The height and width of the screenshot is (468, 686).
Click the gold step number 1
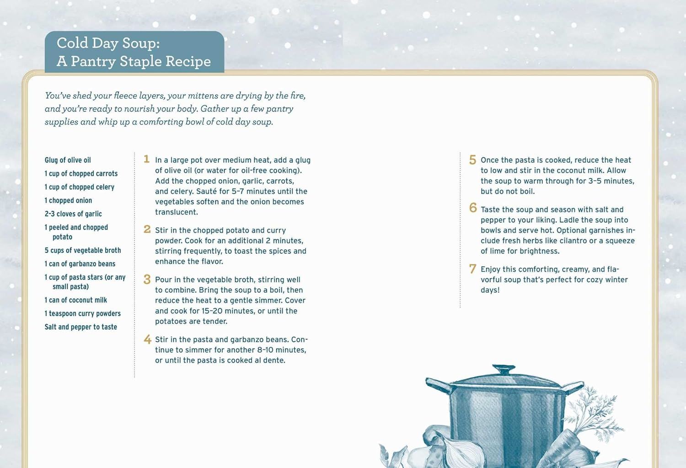[x=146, y=159]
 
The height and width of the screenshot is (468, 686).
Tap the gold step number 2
[x=147, y=229]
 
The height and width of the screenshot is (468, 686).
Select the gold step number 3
[x=147, y=279]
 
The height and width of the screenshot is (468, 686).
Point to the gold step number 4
[x=147, y=339]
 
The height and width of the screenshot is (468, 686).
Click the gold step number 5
[x=472, y=160]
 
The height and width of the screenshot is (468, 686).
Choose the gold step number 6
[x=473, y=208]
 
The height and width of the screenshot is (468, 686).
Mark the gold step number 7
[x=472, y=269]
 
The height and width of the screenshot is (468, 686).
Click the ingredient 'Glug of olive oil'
[x=68, y=160]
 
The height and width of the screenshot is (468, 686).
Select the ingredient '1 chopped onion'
[x=68, y=200]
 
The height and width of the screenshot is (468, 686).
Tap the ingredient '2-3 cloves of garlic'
[x=73, y=214]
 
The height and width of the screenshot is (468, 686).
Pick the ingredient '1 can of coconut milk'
[x=75, y=300]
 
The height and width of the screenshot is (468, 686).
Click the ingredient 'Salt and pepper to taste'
[x=80, y=327]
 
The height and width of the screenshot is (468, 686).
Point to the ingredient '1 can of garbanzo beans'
[x=80, y=264]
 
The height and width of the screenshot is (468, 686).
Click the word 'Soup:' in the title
[x=141, y=43]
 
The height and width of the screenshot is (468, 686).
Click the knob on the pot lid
[x=504, y=369]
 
